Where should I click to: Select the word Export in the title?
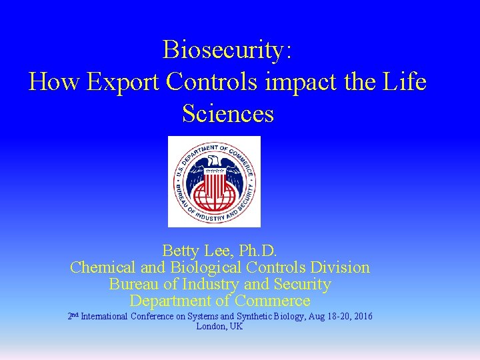coord(123,81)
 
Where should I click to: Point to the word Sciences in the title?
coord(228,113)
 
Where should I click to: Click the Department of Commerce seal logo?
coord(214,181)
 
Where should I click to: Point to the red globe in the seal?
coord(214,195)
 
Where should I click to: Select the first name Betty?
coord(181,251)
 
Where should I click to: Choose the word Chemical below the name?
coord(102,267)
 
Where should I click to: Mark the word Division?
coord(339,267)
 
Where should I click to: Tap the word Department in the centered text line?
coord(171,301)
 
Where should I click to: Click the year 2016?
coord(361,316)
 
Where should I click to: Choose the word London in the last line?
coord(211,327)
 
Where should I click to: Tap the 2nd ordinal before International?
coord(73,315)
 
